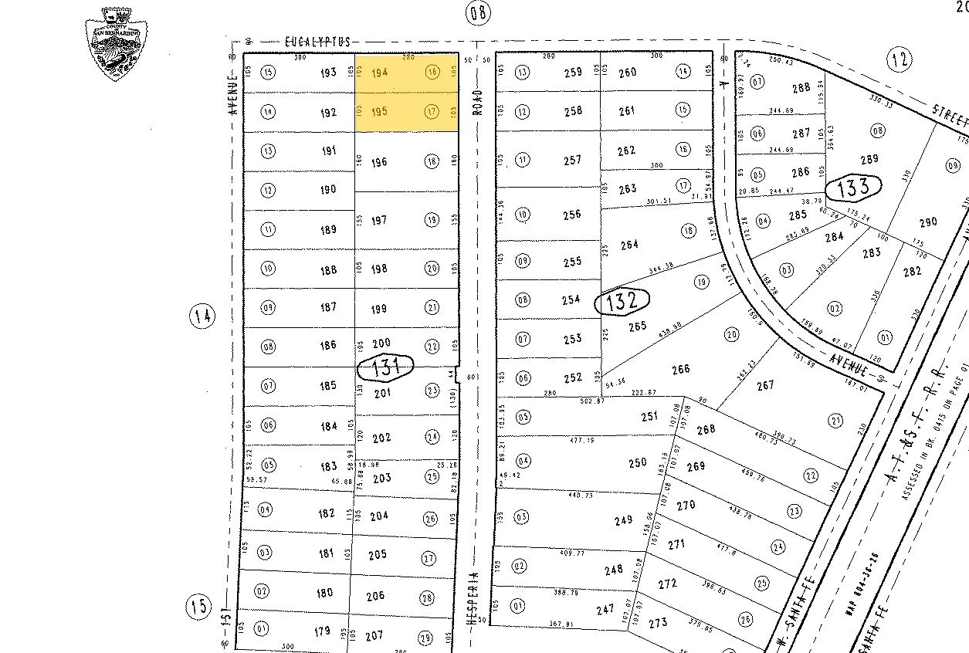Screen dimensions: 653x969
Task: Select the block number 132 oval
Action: click(622, 301)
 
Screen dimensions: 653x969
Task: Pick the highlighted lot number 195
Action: click(380, 112)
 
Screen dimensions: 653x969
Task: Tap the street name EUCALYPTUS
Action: click(317, 42)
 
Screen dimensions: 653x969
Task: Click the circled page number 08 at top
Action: click(478, 12)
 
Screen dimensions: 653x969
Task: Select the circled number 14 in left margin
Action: click(202, 316)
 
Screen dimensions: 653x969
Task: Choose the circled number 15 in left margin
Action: click(198, 606)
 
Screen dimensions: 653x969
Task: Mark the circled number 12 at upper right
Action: click(900, 59)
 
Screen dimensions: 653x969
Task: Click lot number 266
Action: click(680, 370)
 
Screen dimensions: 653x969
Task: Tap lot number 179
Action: click(322, 632)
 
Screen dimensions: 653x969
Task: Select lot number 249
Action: click(624, 520)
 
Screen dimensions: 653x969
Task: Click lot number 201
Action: click(381, 394)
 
